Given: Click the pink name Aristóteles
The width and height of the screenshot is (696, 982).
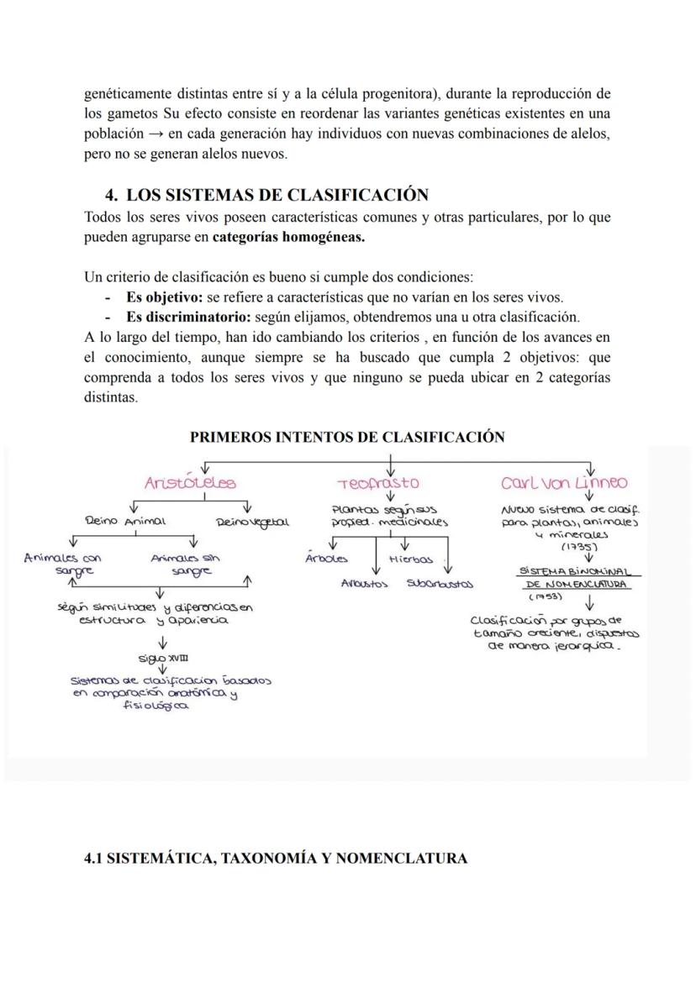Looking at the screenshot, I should (x=191, y=483).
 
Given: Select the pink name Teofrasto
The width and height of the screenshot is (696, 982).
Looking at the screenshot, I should (x=378, y=484).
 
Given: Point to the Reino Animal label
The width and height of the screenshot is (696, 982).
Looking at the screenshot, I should (x=126, y=521).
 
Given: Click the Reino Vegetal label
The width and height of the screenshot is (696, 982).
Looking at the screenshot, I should (x=253, y=522).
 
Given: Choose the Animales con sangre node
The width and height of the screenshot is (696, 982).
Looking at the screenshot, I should (x=63, y=563).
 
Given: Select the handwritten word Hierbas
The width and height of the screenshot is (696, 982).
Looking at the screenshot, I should (x=411, y=559).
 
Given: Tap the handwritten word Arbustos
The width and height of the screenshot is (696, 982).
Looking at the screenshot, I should (x=364, y=583).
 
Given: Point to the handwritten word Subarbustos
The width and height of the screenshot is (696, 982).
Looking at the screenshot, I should (x=440, y=583).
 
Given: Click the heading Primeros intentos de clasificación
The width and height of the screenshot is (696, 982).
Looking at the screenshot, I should (x=347, y=437).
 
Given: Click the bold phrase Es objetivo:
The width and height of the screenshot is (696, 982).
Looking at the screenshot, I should (x=164, y=297).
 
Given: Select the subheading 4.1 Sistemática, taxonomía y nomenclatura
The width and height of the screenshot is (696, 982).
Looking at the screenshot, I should (x=276, y=859).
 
